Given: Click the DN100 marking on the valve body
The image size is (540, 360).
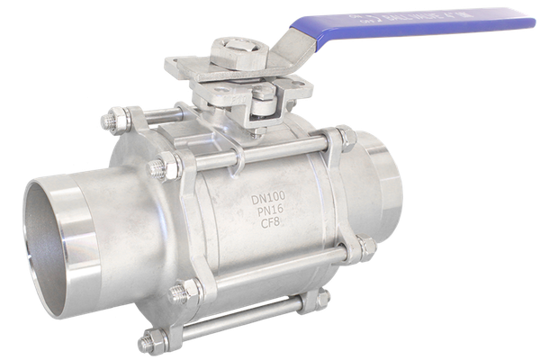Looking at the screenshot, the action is click(x=268, y=197).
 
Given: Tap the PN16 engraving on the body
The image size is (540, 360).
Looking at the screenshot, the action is click(x=270, y=210).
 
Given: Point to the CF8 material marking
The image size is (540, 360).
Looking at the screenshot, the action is click(x=270, y=223).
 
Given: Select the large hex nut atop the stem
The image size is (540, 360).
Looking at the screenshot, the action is click(x=240, y=53).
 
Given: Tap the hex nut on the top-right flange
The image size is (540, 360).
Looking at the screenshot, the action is click(x=346, y=138).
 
